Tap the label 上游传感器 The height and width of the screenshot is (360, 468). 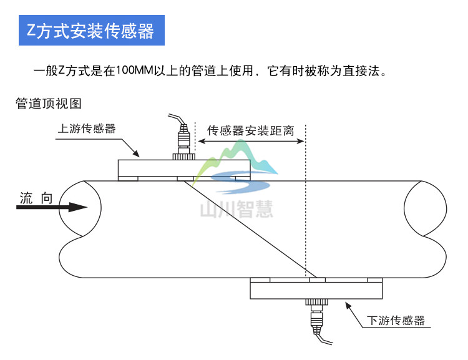tap(87, 129)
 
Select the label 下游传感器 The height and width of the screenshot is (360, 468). tap(396, 321)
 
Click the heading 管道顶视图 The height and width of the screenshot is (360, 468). tap(49, 104)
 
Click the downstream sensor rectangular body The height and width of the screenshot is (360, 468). tap(317, 289)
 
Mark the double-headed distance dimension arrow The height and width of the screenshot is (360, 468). tap(250, 141)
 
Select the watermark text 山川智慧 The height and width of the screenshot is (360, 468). tap(236, 210)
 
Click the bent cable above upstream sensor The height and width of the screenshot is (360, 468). tap(176, 119)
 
